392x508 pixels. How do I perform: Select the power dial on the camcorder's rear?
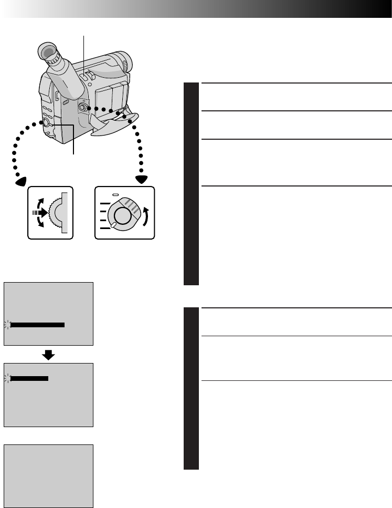(82, 107)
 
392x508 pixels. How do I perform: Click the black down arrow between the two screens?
(48, 355)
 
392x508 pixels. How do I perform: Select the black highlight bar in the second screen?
(29, 378)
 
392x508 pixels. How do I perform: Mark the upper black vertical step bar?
(192, 184)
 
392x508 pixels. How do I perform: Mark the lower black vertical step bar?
(192, 388)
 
